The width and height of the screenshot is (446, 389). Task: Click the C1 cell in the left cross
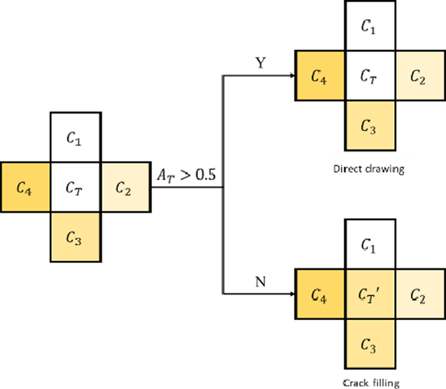[75, 138]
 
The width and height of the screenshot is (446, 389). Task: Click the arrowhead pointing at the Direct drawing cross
[291, 76]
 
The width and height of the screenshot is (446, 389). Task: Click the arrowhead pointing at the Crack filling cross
[291, 294]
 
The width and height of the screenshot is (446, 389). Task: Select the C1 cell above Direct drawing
[369, 27]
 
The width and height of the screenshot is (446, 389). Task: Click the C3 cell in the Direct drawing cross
[369, 125]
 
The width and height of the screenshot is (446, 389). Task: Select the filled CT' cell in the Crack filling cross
[369, 294]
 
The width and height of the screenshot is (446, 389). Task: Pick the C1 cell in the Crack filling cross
[369, 244]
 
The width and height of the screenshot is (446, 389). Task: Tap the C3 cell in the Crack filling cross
[369, 344]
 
